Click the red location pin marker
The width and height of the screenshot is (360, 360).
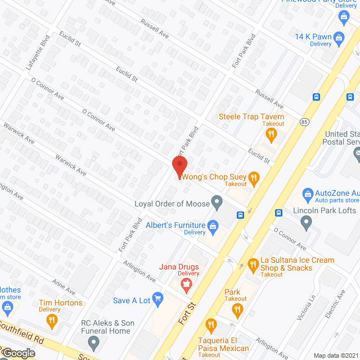[179, 167]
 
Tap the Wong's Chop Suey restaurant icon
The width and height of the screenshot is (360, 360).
[254, 178]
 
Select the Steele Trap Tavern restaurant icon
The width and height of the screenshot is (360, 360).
[271, 133]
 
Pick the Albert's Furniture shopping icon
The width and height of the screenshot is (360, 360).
[213, 226]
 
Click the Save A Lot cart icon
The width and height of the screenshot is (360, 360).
[158, 300]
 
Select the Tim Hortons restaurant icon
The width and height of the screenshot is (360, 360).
[52, 321]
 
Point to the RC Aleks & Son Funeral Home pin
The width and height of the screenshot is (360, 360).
[94, 342]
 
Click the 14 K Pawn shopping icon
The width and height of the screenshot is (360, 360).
[339, 38]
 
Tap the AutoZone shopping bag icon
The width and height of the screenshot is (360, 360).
[308, 193]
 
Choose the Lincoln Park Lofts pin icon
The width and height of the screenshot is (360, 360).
[307, 223]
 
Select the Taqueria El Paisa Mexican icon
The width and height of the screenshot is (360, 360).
[211, 325]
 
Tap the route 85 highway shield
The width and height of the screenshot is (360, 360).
[304, 121]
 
